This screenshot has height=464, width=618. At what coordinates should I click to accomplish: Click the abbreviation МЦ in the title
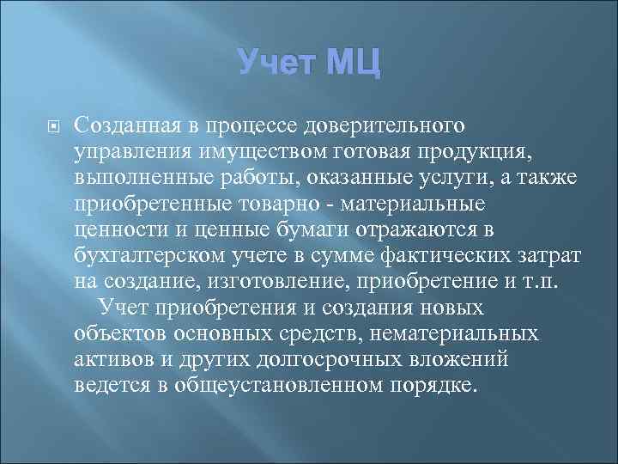click(x=345, y=63)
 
